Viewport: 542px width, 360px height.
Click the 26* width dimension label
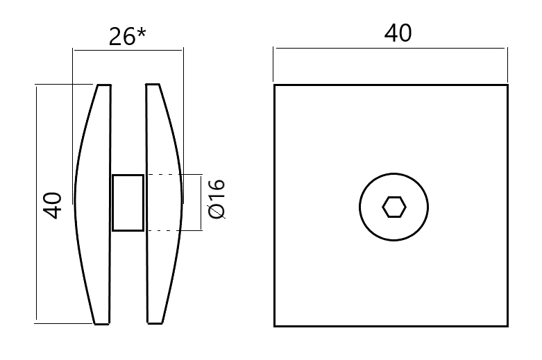[126, 37]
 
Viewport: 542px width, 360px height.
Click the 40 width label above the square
[398, 33]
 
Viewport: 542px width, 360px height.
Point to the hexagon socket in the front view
[393, 207]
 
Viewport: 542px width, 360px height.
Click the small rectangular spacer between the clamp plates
[128, 203]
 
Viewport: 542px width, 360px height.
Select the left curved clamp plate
[94, 204]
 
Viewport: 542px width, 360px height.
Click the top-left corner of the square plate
[275, 85]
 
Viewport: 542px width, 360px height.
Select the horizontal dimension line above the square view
[389, 48]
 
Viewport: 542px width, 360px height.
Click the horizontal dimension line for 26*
[128, 49]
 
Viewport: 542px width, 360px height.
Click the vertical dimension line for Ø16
[201, 203]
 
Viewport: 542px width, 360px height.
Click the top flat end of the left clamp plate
[104, 85]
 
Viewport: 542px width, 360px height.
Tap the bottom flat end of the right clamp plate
[154, 323]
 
